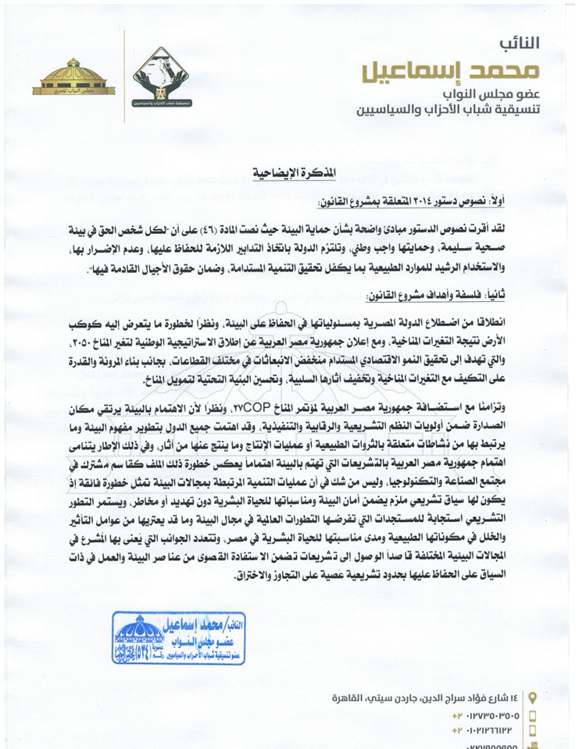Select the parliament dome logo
click(74, 79)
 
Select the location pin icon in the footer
click(532, 696)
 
